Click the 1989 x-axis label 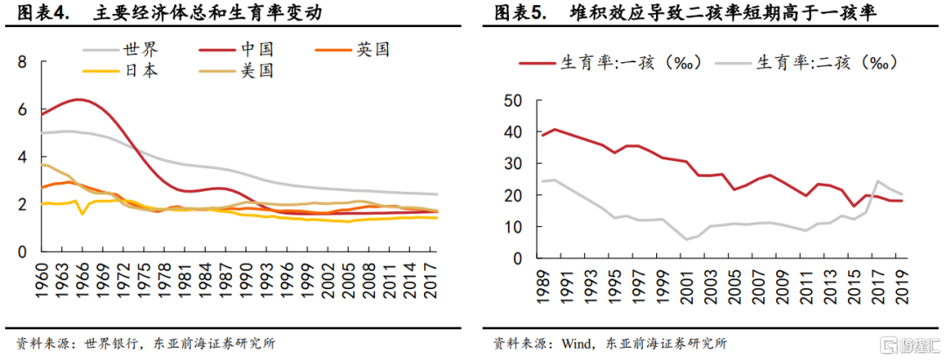544,286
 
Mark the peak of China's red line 81,99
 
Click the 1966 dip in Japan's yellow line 82,214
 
